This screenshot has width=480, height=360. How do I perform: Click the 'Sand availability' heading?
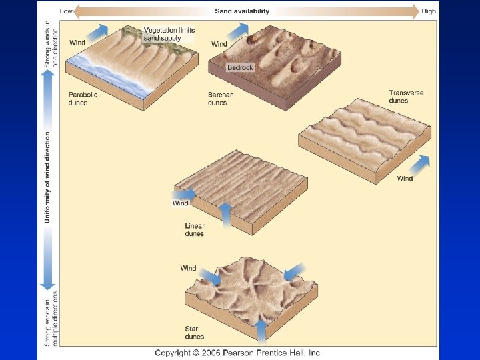coord(242,11)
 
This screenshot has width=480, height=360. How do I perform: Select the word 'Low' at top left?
coord(66,11)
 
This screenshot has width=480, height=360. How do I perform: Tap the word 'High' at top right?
coord(429,11)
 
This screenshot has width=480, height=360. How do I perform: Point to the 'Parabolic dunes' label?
coord(83,98)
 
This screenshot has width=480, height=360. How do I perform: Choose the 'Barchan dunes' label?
coord(221,99)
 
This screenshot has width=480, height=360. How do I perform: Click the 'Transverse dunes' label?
coord(406,97)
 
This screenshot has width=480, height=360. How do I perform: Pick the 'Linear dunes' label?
coord(195,230)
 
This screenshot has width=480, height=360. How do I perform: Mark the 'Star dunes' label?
coord(195,333)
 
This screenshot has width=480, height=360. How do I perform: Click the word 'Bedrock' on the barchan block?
coord(240,67)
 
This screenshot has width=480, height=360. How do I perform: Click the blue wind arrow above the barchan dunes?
coord(240,30)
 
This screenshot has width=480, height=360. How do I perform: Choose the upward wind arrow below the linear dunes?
coord(225,215)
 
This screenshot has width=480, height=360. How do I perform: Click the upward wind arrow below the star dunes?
coord(262,330)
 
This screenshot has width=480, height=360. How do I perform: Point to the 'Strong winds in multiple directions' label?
coord(51,317)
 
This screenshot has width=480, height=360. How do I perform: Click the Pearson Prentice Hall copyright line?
coord(238,352)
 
